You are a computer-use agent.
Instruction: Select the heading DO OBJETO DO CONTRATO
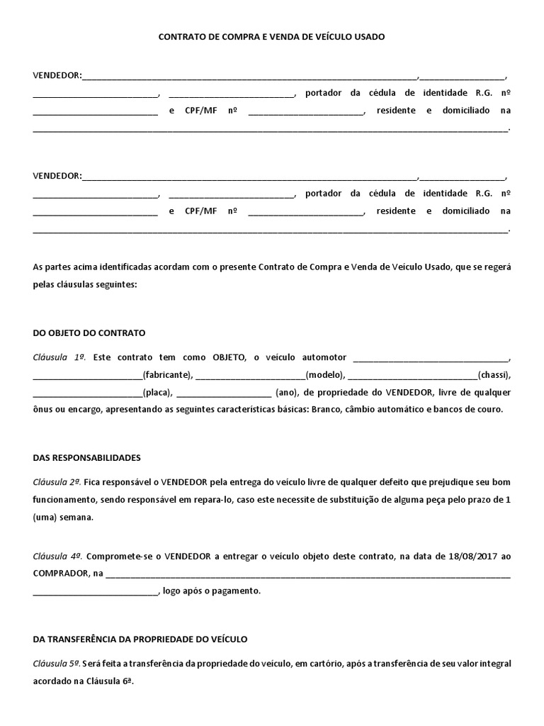[89, 332]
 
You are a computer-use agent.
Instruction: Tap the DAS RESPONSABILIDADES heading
[87, 458]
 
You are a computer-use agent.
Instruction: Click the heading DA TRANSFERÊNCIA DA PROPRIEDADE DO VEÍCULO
[140, 639]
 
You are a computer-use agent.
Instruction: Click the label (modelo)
[324, 375]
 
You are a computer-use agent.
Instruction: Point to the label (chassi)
[494, 375]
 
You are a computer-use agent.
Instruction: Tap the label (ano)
[285, 393]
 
